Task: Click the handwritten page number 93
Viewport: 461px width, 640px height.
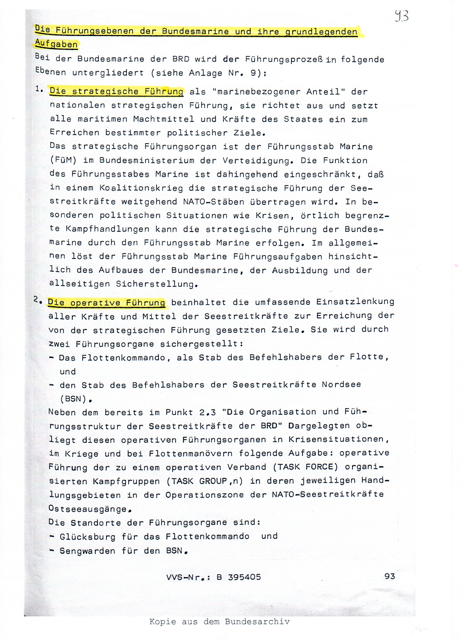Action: [x=401, y=16]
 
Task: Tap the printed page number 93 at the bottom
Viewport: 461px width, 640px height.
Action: [x=390, y=576]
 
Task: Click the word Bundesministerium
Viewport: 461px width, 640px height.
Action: [x=147, y=161]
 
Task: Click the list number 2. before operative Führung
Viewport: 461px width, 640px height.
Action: [x=37, y=300]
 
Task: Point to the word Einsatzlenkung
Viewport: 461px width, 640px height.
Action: [x=355, y=301]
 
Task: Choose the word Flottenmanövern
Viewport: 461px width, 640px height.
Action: [x=190, y=454]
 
